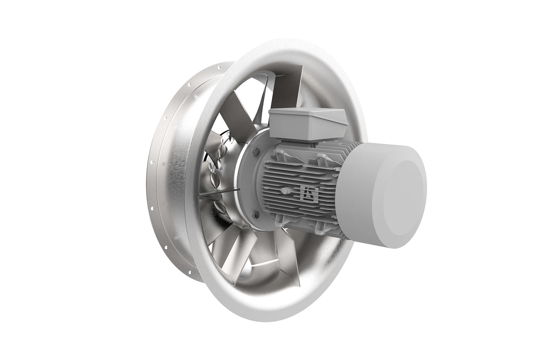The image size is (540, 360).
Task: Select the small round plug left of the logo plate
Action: pos(285,191)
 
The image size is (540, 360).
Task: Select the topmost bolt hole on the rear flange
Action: pos(218,67)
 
